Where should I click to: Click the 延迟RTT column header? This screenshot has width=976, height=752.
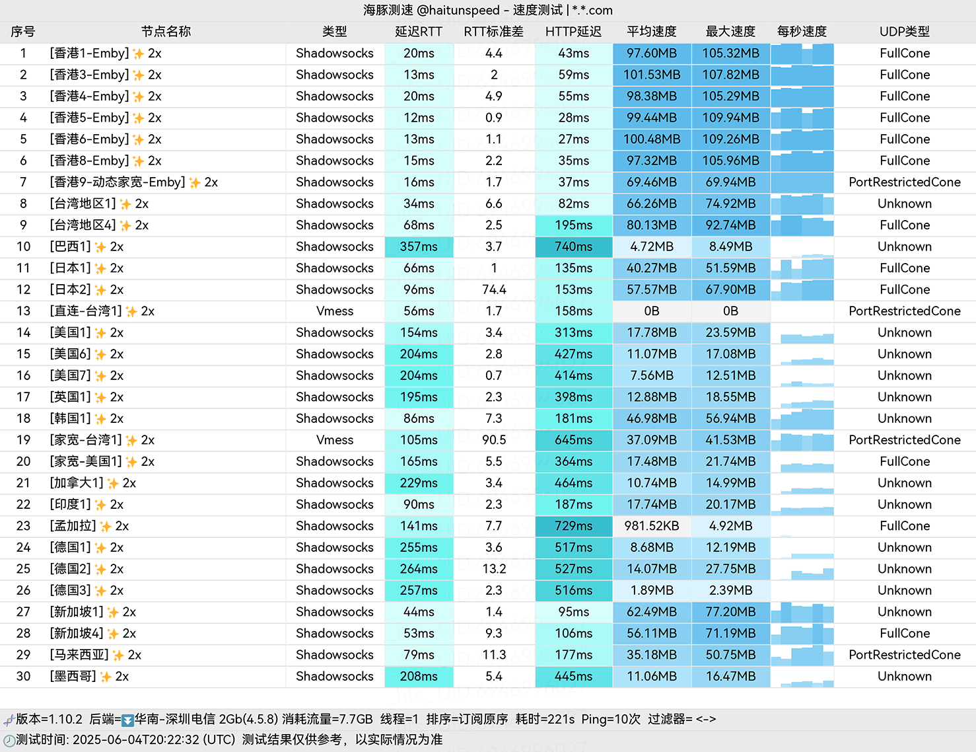(x=419, y=32)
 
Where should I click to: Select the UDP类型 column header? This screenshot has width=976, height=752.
(x=904, y=32)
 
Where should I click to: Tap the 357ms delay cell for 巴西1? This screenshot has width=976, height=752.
(x=419, y=246)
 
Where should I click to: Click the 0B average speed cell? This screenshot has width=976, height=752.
(x=652, y=311)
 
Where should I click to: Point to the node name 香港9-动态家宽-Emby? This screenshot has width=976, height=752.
(x=118, y=182)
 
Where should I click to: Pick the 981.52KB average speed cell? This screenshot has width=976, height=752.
(x=652, y=526)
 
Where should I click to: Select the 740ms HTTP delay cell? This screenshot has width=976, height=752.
(x=573, y=246)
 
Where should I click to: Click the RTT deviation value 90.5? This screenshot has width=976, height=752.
(x=494, y=440)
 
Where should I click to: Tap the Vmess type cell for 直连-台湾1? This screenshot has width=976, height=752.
(x=335, y=311)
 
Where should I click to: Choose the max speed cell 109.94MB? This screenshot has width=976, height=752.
(x=730, y=118)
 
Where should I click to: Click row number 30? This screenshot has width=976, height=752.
(x=24, y=676)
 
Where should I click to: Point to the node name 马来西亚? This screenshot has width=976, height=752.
(x=79, y=655)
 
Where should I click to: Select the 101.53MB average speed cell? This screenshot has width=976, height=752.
(x=652, y=75)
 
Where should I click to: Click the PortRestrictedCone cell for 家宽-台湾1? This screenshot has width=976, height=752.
(x=904, y=440)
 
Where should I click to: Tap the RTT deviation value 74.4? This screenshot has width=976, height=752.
(x=494, y=289)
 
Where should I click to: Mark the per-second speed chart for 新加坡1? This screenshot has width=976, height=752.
(x=802, y=612)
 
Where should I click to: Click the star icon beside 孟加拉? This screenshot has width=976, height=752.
(x=106, y=527)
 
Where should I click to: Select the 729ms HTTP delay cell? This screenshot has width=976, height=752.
(x=573, y=526)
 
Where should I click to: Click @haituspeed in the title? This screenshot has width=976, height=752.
(x=458, y=10)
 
